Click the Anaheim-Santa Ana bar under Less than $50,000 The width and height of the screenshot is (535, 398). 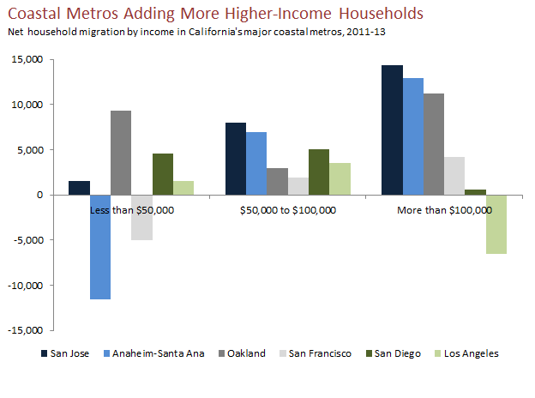click(x=100, y=247)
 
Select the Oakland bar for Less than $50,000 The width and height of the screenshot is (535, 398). click(x=122, y=153)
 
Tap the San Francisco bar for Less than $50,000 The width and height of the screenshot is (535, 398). click(x=142, y=217)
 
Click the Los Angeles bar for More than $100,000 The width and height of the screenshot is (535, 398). click(x=496, y=224)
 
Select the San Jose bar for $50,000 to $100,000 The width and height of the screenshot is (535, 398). click(x=236, y=159)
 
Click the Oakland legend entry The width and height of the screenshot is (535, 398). click(x=245, y=353)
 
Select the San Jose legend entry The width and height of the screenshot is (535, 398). click(x=68, y=353)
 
